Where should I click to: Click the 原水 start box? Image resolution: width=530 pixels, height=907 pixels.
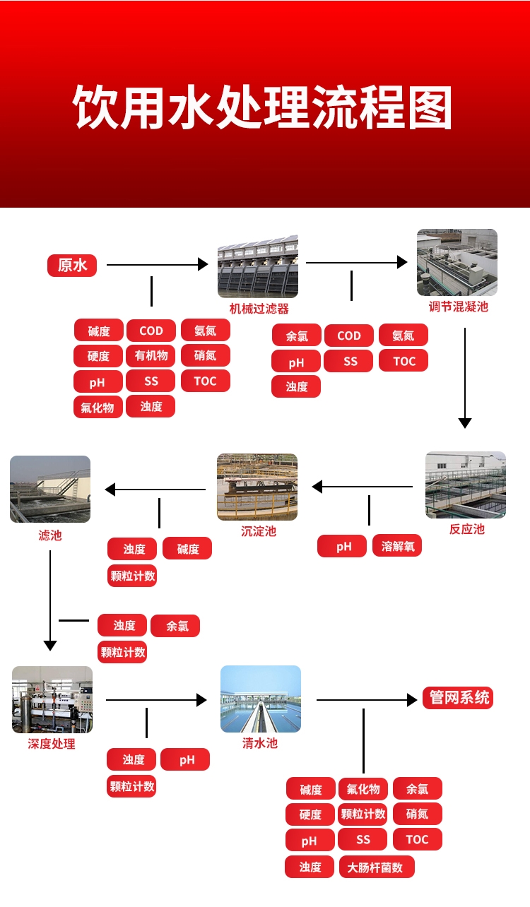(72, 265)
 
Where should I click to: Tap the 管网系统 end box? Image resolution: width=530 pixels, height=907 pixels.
(458, 698)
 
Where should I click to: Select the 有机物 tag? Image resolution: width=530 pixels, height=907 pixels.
(151, 356)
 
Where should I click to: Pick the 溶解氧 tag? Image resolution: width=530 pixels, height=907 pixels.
(397, 546)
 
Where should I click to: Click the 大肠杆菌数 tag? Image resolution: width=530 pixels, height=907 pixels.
(376, 867)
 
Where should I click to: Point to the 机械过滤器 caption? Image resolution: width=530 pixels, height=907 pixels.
(259, 309)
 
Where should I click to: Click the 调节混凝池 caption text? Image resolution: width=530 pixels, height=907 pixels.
(459, 307)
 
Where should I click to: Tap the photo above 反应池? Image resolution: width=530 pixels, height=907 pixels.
(466, 485)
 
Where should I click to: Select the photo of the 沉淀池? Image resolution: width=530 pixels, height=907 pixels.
(257, 487)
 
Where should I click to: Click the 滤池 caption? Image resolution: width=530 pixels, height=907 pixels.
(50, 535)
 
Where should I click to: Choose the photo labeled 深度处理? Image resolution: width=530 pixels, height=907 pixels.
(52, 699)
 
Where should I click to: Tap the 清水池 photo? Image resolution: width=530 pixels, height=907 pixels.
(261, 699)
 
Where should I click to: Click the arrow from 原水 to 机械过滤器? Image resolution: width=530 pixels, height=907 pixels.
(157, 264)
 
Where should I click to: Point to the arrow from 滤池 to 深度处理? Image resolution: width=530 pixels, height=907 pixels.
(50, 600)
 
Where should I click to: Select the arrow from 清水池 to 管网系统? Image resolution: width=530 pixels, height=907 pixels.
(367, 700)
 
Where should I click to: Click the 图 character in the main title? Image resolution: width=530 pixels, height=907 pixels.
(429, 107)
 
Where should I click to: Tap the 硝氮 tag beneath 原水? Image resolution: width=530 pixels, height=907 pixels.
(206, 355)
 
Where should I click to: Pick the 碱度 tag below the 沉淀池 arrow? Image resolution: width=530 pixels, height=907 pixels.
(187, 548)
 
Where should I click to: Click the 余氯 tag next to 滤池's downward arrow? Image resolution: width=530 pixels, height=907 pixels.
(175, 626)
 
